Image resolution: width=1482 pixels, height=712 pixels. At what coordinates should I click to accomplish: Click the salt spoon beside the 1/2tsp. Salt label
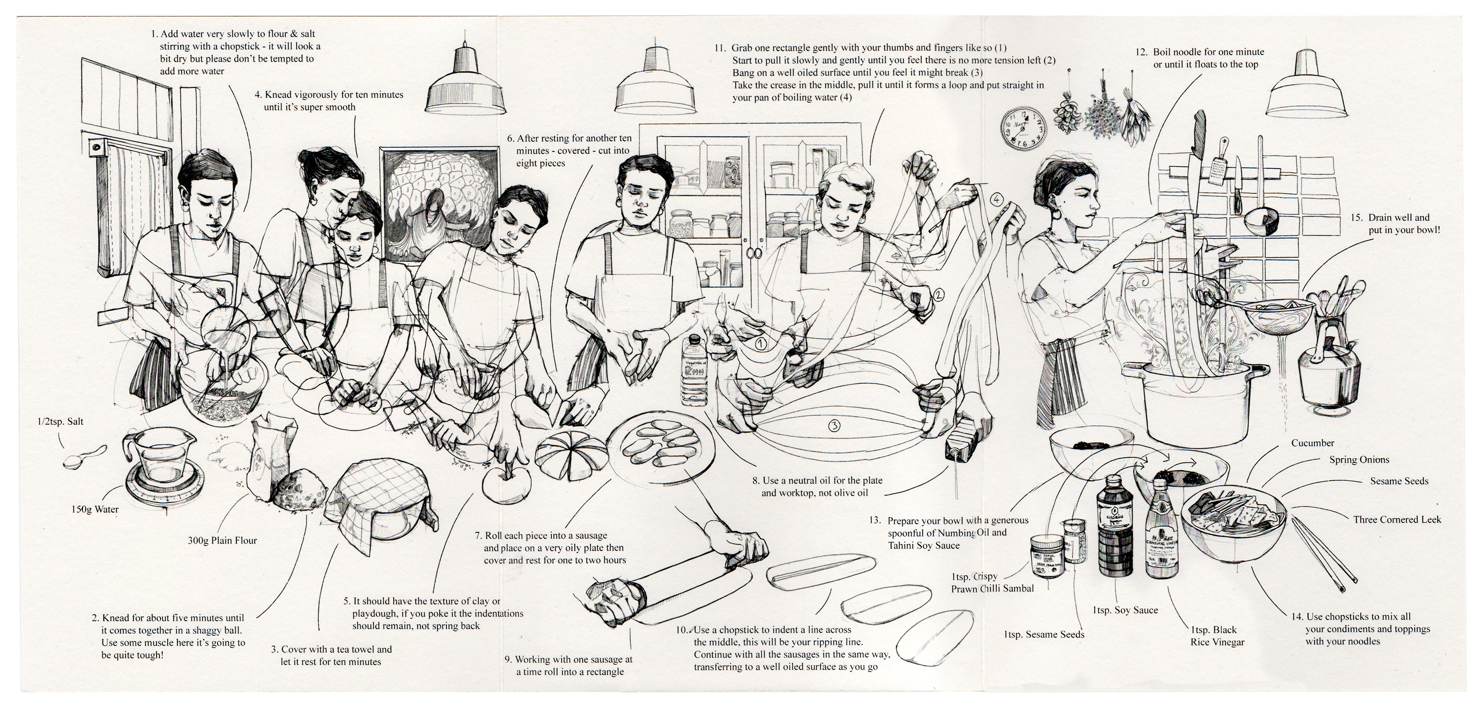click(83, 457)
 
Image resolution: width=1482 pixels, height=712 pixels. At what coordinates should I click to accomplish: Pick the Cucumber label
click(1312, 443)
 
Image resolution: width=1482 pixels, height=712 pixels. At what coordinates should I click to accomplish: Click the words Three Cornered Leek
click(1397, 519)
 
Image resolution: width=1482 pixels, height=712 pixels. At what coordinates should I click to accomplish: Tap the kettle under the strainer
click(1328, 374)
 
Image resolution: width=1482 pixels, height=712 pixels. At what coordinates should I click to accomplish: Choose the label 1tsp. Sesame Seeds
click(1044, 634)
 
